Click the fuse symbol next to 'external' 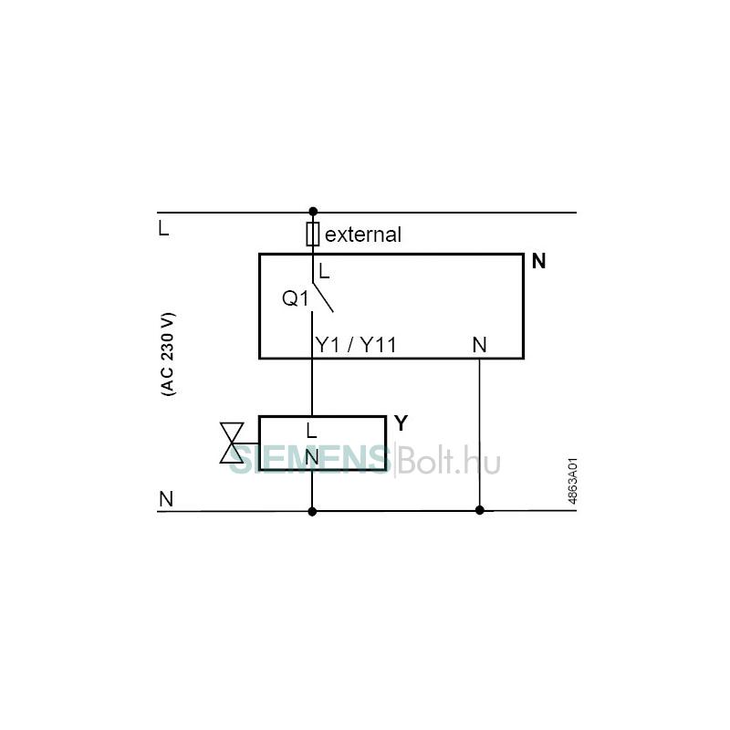pos(312,234)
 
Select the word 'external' pos(362,235)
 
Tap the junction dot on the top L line pos(313,212)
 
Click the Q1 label pos(295,298)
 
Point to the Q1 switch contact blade pos(323,297)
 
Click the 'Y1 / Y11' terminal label pos(356,345)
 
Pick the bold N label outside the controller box pos(538,261)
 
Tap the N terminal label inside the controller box pos(479,345)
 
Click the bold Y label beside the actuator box pos(401,423)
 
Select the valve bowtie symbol pos(232,443)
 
